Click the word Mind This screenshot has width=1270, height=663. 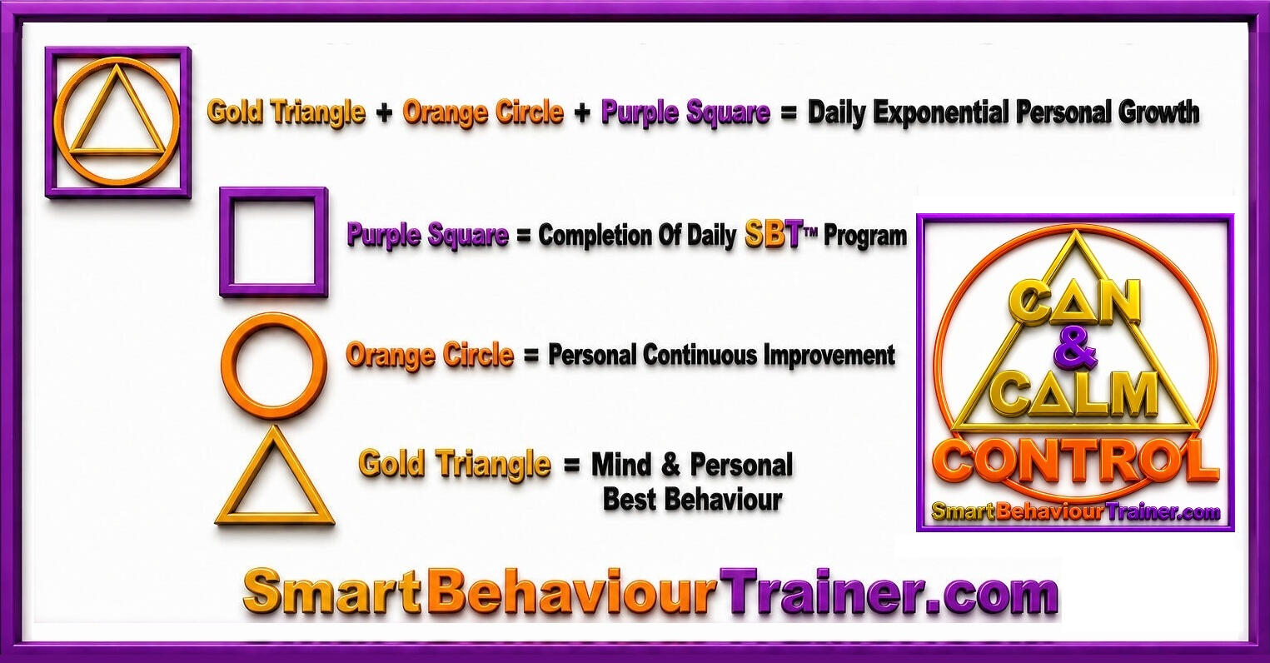(x=621, y=465)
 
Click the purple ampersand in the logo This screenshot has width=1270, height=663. (x=1074, y=346)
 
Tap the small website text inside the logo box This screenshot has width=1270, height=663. (x=1075, y=513)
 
